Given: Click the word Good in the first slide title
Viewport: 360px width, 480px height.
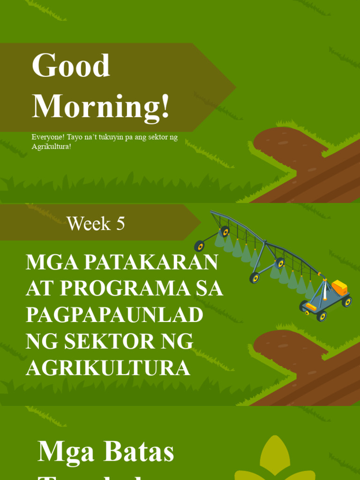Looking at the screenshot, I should (x=71, y=66).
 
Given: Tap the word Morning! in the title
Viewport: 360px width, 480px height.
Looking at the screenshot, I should (x=101, y=106).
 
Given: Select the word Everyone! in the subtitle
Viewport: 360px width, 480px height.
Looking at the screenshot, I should (x=48, y=137).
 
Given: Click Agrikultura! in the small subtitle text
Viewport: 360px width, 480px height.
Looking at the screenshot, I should (x=52, y=146).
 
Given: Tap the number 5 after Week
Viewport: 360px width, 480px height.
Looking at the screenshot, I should (x=120, y=224).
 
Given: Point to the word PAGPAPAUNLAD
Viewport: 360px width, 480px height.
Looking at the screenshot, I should (x=114, y=315).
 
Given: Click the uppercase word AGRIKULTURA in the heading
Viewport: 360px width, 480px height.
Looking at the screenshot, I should (x=108, y=368).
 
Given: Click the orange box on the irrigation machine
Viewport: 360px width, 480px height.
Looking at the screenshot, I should (x=339, y=287).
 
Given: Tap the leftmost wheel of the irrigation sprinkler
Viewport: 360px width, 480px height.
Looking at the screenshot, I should (x=199, y=246).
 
